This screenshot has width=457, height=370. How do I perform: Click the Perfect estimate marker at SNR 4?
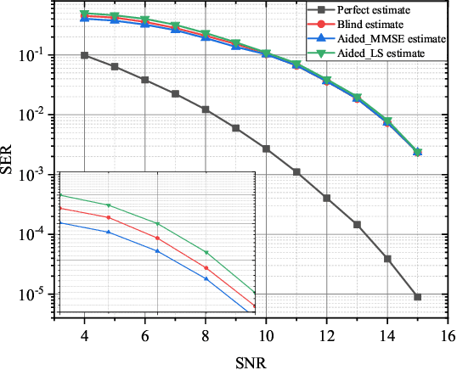85,55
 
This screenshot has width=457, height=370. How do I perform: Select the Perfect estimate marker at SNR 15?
417,297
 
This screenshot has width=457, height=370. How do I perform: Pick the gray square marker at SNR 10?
266,149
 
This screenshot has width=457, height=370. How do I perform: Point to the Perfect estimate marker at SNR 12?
326,198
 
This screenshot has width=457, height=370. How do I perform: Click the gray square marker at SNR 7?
175,93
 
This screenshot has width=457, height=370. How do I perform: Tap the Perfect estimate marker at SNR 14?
386,258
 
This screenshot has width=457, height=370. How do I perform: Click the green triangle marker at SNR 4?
85,14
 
